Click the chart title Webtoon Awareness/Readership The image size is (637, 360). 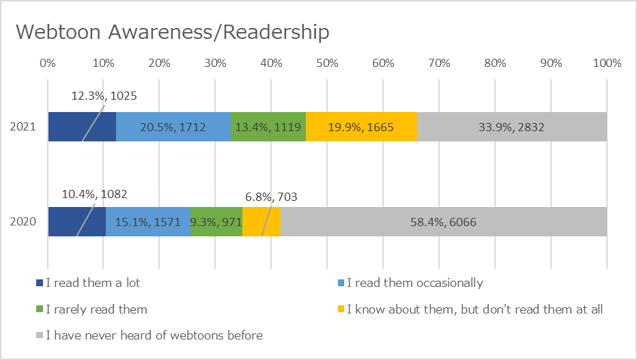[172, 32]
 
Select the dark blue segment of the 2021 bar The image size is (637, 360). [82, 127]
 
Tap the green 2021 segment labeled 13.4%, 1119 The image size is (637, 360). [268, 127]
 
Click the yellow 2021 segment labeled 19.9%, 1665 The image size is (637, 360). [362, 127]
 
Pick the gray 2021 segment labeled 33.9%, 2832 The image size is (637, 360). [512, 127]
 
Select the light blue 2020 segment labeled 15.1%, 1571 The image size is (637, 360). [148, 221]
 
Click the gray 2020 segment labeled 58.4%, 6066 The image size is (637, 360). [444, 221]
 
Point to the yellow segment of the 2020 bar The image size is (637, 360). [261, 221]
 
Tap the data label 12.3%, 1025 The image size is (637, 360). [104, 96]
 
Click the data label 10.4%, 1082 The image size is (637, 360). [94, 194]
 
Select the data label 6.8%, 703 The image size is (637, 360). [271, 197]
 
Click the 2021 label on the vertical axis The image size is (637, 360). [23, 127]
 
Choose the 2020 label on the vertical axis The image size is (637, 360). [23, 221]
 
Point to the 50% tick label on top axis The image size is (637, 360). [327, 64]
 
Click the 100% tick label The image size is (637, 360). [607, 64]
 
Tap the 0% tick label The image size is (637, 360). [48, 64]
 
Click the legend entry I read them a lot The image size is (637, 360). [88, 283]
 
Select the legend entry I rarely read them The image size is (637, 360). [91, 309]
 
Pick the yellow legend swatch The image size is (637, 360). [341, 309]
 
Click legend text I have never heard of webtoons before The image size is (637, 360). [154, 335]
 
